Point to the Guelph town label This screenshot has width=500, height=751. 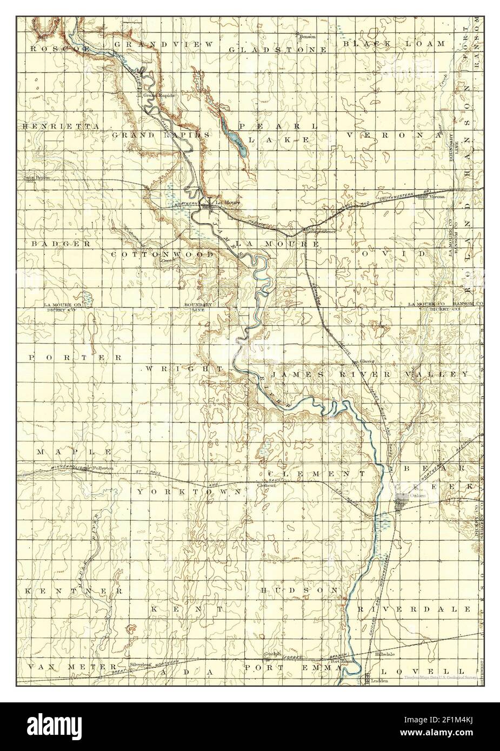(271, 654)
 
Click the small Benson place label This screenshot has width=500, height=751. (308, 37)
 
